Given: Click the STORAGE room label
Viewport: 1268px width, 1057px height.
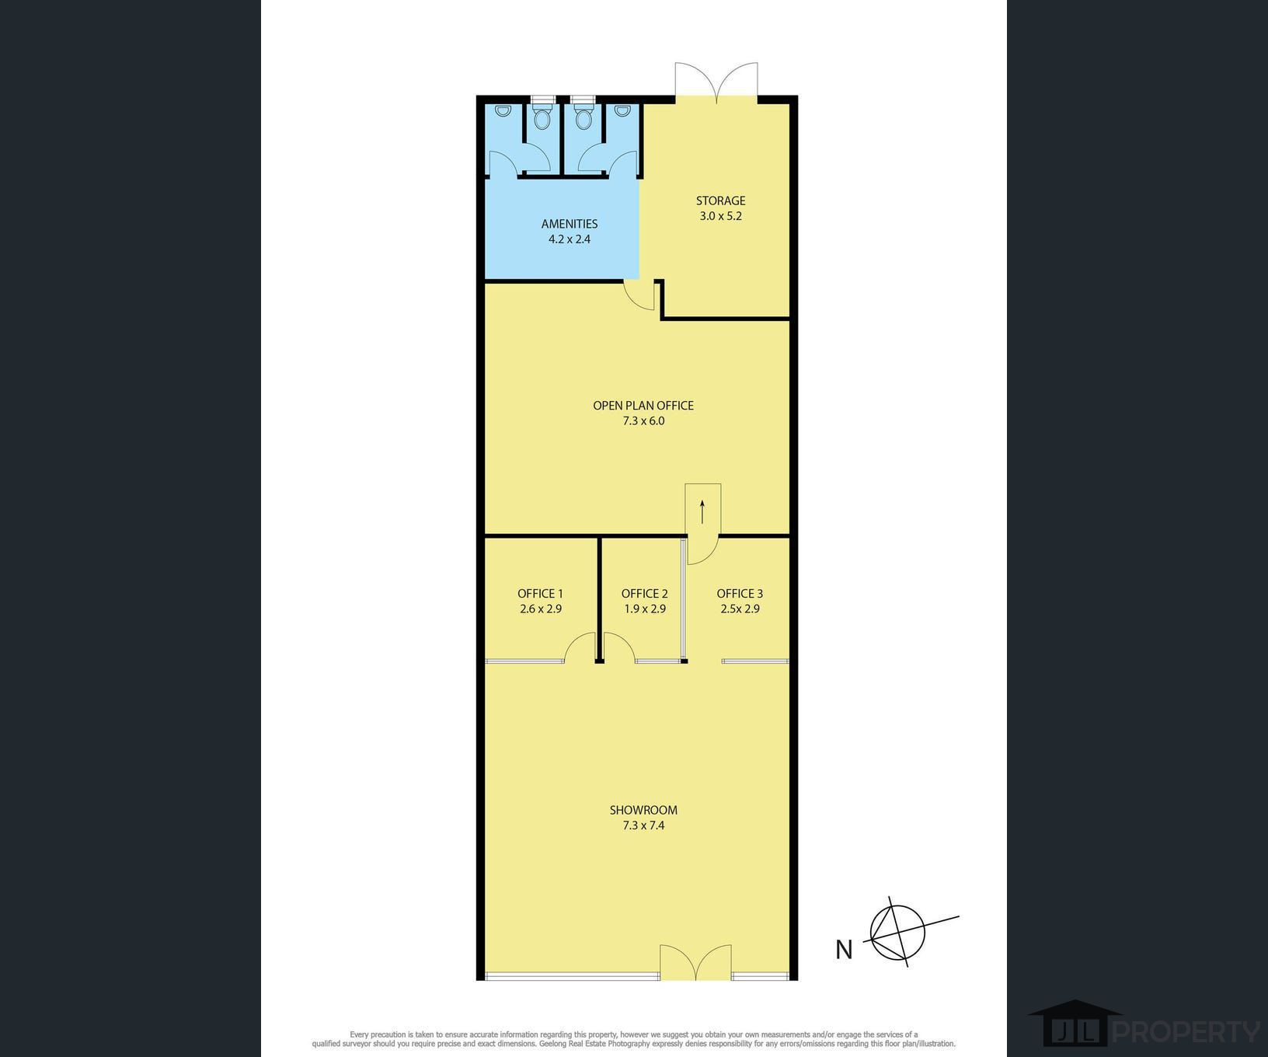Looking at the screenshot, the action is (x=720, y=201).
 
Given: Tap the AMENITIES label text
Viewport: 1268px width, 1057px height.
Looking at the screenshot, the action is (x=570, y=224).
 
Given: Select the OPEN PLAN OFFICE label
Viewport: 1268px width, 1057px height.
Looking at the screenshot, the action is (x=643, y=405).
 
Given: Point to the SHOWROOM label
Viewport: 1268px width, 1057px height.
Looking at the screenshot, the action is (x=643, y=810).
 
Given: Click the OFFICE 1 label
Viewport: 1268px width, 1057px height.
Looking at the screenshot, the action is (x=541, y=594).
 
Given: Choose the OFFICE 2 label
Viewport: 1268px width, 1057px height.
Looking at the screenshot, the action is (x=644, y=594).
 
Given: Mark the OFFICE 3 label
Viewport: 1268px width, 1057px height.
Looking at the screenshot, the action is (x=740, y=594).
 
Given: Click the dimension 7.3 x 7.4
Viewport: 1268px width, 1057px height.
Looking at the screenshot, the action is (x=643, y=825).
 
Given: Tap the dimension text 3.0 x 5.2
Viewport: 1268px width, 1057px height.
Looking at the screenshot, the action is (x=720, y=216).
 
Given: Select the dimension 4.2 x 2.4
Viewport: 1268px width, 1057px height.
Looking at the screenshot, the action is (x=570, y=239).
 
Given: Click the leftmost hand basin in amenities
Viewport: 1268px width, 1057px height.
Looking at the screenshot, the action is (x=503, y=111).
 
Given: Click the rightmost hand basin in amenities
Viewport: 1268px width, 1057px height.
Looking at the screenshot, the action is (x=622, y=111).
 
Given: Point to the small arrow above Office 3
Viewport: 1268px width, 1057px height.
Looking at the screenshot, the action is (x=702, y=511).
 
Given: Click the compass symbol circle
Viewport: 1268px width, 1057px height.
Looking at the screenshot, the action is (x=898, y=932).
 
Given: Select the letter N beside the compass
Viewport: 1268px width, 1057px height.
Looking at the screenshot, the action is (x=844, y=950).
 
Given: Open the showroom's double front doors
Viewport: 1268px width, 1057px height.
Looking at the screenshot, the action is (x=695, y=962).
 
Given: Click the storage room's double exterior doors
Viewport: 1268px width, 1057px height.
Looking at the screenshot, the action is (x=716, y=82).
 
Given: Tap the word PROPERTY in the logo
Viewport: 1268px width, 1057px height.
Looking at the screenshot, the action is (x=1186, y=1032).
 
